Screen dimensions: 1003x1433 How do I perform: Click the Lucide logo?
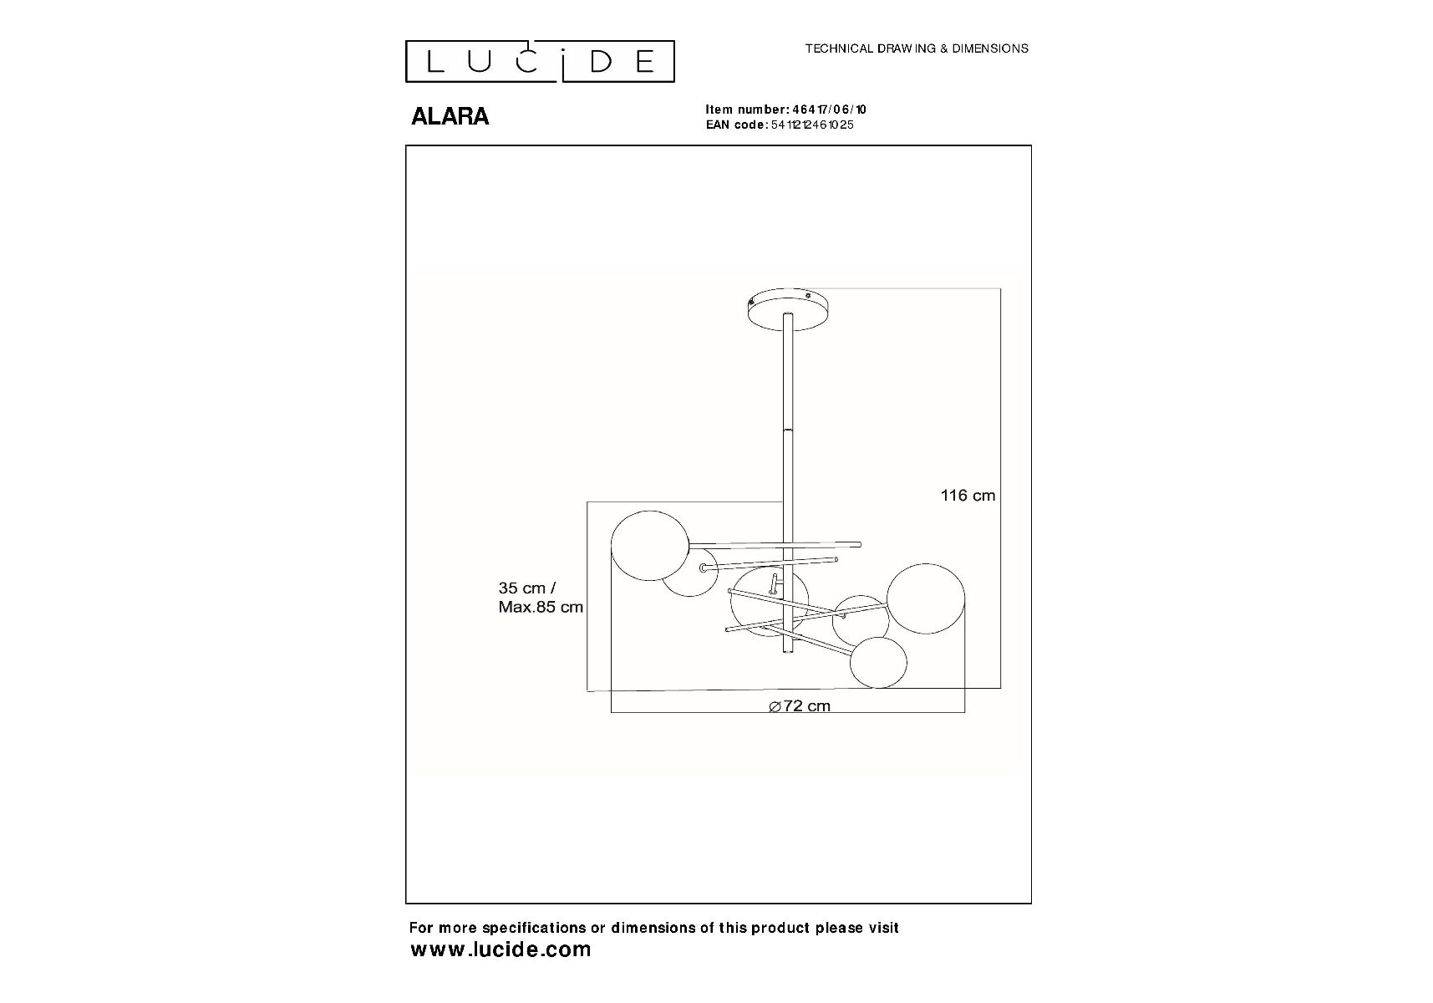(540, 62)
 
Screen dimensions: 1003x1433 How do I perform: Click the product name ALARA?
(450, 116)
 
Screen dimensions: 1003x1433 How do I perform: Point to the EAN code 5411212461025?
(809, 125)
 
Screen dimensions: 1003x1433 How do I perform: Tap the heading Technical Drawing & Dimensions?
(917, 48)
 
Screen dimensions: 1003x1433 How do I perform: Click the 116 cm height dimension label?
(968, 496)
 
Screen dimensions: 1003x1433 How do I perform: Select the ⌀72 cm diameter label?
(800, 706)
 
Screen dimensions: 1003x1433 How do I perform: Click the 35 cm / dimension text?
(526, 588)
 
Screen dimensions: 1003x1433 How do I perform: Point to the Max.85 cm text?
(541, 608)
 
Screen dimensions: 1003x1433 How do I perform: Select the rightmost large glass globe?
(925, 598)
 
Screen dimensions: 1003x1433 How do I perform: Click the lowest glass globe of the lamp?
(878, 662)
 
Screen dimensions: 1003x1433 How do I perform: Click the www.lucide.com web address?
(501, 950)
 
